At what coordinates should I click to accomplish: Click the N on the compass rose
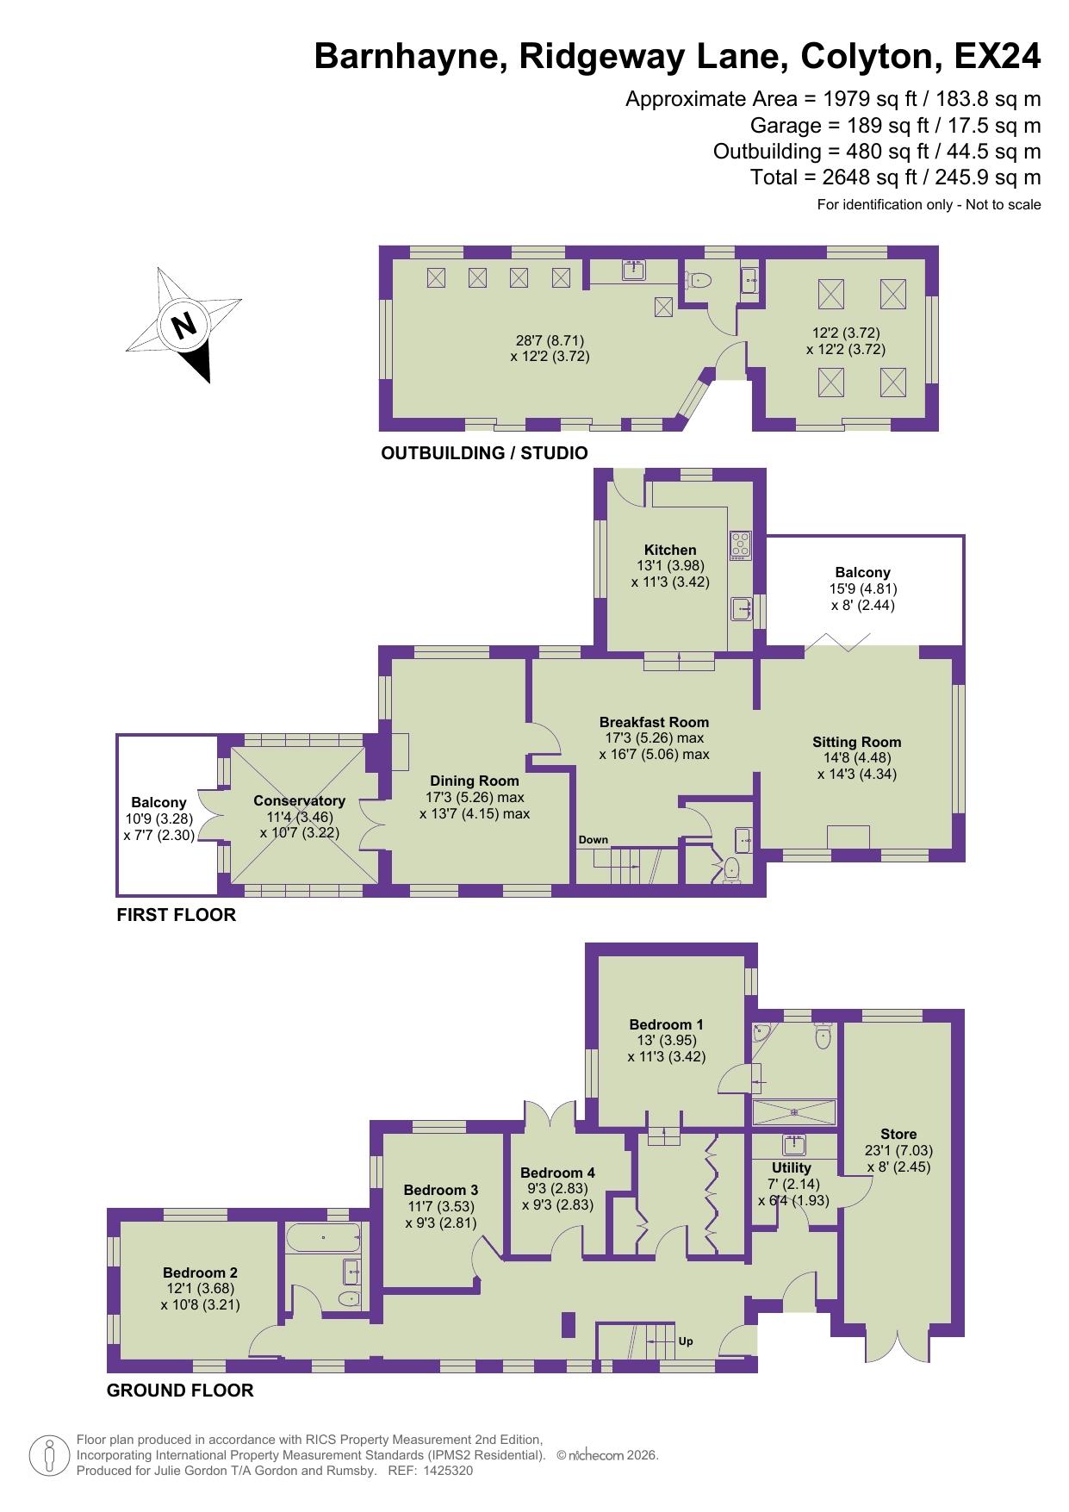point(183,326)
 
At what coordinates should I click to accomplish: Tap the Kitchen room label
point(670,550)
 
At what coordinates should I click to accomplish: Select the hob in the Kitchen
point(740,544)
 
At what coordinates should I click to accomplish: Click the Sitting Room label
point(856,742)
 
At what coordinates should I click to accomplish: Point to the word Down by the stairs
point(593,840)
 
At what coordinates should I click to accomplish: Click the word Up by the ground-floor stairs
point(686,1341)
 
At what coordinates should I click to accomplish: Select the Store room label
point(898,1134)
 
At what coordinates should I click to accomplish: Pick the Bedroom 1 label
point(666,1024)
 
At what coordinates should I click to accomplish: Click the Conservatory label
point(299,800)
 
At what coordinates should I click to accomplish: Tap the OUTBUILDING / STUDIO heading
point(484,453)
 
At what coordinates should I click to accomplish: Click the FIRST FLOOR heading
point(176,915)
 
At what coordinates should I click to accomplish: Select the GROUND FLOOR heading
point(180,1390)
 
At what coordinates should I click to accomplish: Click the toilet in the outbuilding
point(699,280)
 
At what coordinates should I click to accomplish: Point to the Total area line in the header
point(895,177)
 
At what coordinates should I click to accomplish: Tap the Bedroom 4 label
point(557,1173)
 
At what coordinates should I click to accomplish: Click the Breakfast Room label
point(654,722)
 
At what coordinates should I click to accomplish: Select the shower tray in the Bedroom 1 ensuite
point(793,1112)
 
